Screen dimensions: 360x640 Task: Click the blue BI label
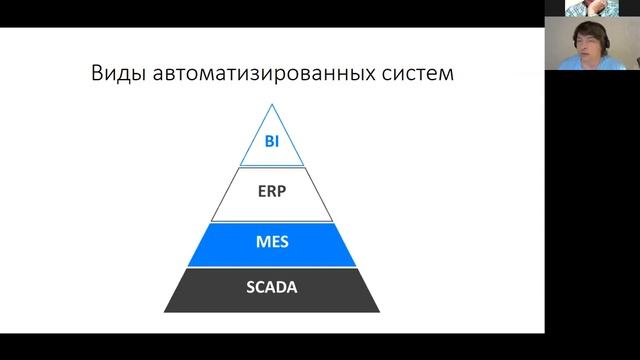(x=271, y=142)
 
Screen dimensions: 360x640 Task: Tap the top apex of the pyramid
(x=271, y=105)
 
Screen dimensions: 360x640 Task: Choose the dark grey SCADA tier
(x=200, y=292)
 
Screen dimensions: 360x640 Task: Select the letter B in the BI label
(x=268, y=142)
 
